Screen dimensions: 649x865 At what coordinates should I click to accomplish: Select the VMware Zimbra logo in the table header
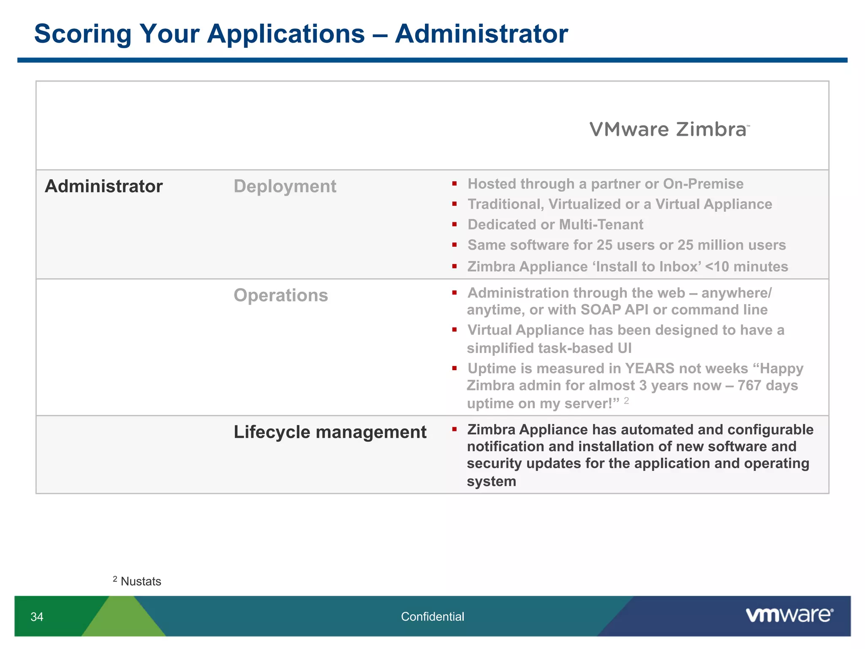tap(669, 129)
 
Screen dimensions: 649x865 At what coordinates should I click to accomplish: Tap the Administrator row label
tap(103, 186)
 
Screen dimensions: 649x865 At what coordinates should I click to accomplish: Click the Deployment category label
tap(285, 186)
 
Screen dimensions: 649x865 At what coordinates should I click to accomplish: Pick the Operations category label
tap(280, 295)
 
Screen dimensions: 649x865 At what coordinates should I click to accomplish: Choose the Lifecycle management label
tap(330, 432)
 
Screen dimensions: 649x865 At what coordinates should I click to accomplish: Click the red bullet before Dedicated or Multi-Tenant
tap(454, 224)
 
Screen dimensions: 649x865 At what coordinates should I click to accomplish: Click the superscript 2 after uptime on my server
tap(626, 401)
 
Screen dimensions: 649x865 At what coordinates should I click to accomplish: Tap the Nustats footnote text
tap(141, 581)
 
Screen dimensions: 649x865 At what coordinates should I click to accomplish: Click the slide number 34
tap(37, 617)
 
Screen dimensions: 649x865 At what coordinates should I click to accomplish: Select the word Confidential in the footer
tap(432, 617)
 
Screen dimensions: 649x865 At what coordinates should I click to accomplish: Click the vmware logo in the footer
tap(789, 615)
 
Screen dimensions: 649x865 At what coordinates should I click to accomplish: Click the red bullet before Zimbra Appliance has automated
tap(454, 429)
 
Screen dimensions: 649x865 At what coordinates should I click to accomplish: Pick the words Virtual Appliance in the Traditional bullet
tap(713, 205)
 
